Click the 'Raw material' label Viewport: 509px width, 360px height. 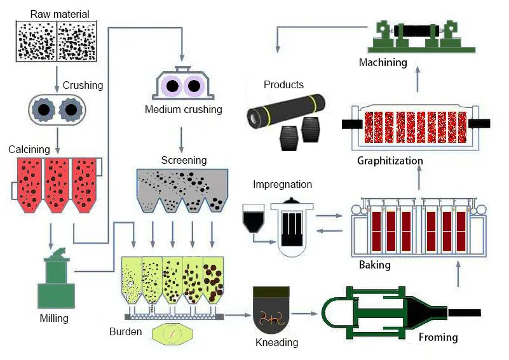(x=60, y=14)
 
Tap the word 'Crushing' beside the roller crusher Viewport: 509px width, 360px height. (x=83, y=85)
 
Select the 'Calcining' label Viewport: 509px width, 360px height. (x=29, y=149)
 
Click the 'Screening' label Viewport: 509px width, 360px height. (x=184, y=160)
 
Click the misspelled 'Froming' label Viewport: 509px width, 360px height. (x=438, y=337)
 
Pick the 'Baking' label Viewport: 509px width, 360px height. (x=374, y=264)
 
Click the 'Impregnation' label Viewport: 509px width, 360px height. (x=282, y=185)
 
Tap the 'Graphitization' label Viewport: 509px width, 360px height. (x=390, y=161)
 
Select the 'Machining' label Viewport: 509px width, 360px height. (x=383, y=62)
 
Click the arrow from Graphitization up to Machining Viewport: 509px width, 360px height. (x=417, y=76)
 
